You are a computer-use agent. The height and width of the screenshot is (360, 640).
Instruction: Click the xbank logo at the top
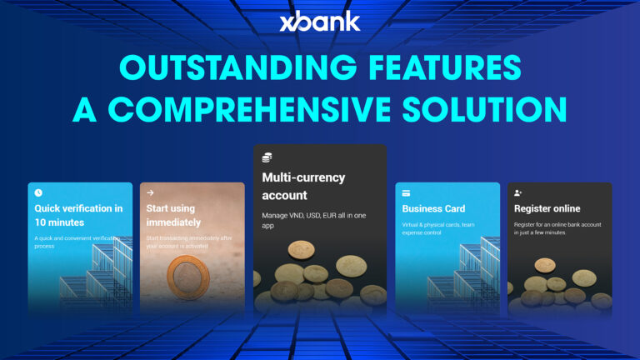click(x=320, y=20)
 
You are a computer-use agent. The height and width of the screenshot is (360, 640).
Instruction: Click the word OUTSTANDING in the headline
click(x=214, y=69)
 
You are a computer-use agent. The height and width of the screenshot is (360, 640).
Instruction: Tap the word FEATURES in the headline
click(x=446, y=69)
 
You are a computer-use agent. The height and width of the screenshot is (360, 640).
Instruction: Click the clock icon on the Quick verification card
click(x=38, y=192)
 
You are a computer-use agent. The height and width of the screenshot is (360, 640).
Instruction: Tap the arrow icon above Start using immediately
click(x=150, y=192)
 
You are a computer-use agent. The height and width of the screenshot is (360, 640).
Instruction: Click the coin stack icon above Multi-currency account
click(x=267, y=157)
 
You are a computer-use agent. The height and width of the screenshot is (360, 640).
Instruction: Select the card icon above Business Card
click(x=407, y=192)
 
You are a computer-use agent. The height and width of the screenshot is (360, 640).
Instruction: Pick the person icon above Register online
click(x=519, y=192)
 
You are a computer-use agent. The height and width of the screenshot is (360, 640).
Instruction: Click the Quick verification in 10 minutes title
click(x=78, y=215)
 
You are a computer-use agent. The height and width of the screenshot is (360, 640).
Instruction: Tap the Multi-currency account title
click(x=303, y=187)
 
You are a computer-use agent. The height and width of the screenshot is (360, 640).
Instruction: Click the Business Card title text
click(x=433, y=208)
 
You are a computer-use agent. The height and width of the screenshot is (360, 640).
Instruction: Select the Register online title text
click(x=547, y=208)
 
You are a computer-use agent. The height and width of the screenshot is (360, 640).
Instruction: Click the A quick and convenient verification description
click(x=77, y=242)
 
